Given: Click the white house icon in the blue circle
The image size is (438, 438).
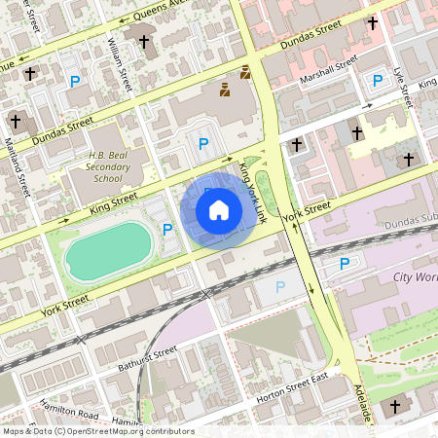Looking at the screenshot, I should [x=219, y=209].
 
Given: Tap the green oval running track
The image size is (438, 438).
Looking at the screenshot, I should [x=110, y=250].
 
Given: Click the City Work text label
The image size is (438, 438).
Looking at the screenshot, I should [x=414, y=276].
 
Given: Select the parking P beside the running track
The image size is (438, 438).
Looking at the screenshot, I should [x=167, y=230].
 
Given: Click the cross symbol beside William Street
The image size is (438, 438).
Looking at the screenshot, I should [x=145, y=42].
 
